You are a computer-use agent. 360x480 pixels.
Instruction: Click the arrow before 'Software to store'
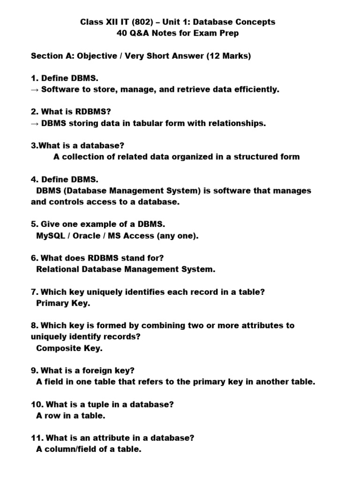(35, 90)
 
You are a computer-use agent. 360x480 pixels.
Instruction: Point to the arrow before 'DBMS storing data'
(35, 123)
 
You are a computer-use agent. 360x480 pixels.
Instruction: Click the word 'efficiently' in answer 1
(255, 90)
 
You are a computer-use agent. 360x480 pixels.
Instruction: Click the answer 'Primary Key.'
(63, 303)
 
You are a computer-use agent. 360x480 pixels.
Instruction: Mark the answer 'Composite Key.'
(69, 348)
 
